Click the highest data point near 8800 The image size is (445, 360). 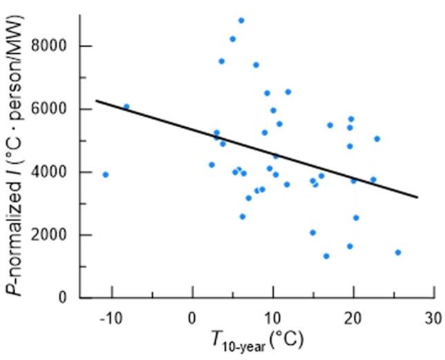click(x=240, y=21)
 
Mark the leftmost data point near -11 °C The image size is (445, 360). click(x=105, y=174)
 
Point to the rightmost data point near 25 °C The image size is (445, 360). click(x=398, y=252)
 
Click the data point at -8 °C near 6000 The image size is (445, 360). click(x=126, y=106)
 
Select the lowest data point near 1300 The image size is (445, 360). click(x=326, y=256)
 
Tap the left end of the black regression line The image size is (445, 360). click(x=95, y=101)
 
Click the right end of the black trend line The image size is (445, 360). click(x=419, y=198)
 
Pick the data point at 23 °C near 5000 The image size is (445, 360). click(x=377, y=139)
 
